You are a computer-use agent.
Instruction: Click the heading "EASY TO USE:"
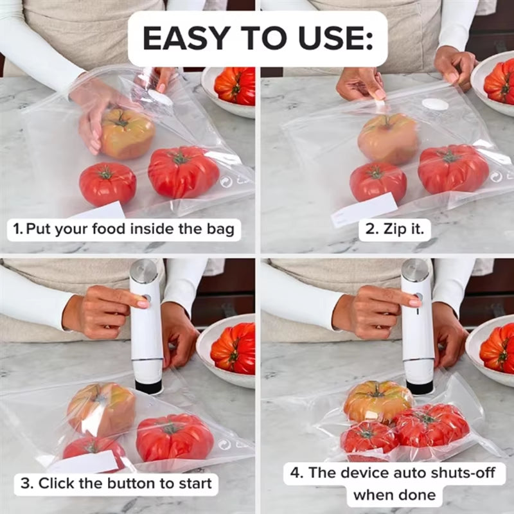(257, 39)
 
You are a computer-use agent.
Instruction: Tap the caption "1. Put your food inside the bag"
(125, 229)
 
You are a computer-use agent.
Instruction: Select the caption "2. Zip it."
(394, 229)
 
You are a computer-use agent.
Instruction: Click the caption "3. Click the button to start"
(116, 483)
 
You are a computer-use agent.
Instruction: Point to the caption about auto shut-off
(394, 483)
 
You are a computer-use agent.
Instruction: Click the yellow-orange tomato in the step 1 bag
(127, 133)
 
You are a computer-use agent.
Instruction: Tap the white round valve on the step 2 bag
(435, 104)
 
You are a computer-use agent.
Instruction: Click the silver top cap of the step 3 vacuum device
(143, 270)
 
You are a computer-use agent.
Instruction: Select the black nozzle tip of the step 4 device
(419, 387)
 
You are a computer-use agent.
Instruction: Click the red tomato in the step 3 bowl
(234, 349)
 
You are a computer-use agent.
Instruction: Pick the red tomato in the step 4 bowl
(497, 349)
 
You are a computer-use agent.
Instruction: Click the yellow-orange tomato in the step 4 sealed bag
(378, 400)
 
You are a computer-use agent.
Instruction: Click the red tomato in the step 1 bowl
(236, 85)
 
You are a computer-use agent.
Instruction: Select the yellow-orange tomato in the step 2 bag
(388, 138)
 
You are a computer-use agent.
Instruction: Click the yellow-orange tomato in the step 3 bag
(102, 409)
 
